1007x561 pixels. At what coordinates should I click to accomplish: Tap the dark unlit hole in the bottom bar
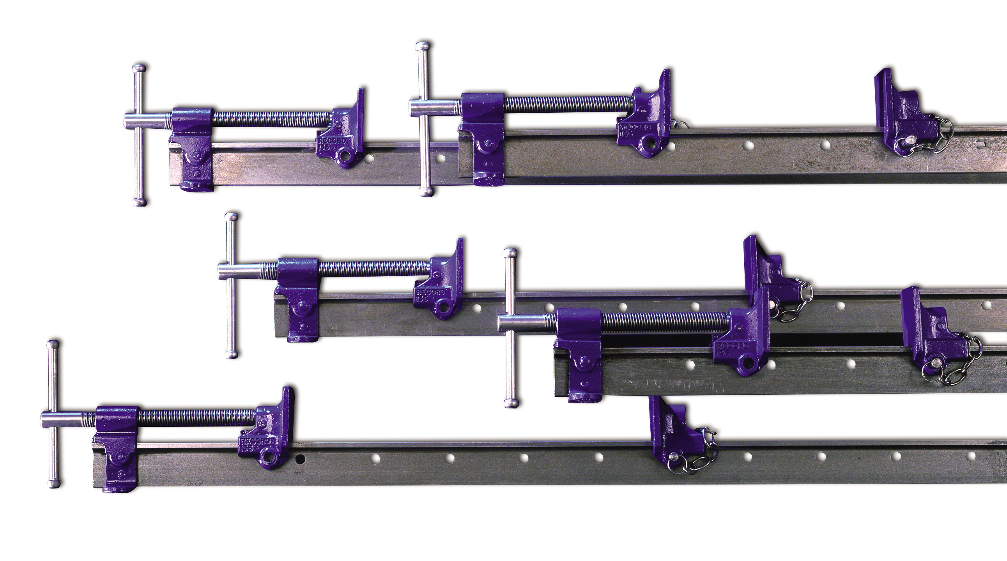pyautogui.click(x=300, y=458)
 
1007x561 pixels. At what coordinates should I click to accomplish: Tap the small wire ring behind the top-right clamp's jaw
pyautogui.click(x=681, y=124)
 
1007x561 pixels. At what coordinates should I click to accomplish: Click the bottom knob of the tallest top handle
pyautogui.click(x=426, y=192)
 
